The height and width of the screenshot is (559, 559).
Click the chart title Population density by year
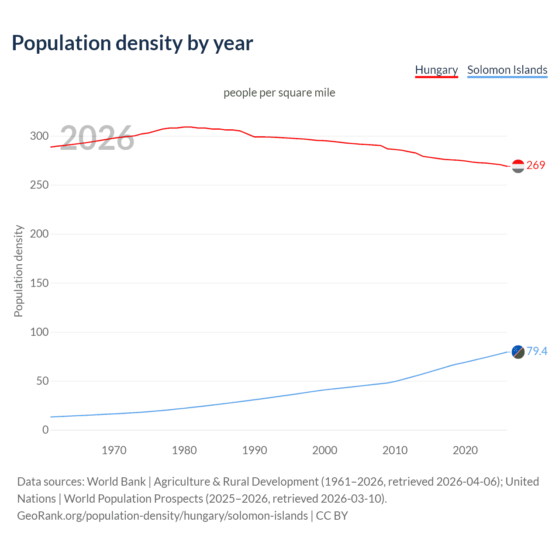pos(132,43)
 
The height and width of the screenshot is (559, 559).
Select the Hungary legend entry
pos(436,70)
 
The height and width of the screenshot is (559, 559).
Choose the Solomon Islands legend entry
pos(507,70)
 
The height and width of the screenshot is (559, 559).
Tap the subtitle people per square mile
pos(279,93)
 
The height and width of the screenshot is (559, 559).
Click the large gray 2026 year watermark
pos(97,138)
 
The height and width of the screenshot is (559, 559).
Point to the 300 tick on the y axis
pos(39,136)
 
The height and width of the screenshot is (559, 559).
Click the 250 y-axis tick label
pos(39,185)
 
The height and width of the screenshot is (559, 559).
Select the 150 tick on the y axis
pos(39,283)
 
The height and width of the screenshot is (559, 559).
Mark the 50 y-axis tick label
pos(42,381)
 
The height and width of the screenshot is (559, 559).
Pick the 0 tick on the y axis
pos(45,430)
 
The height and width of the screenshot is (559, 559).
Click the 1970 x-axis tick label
pos(114,450)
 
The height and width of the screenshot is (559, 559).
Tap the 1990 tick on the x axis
pos(255,450)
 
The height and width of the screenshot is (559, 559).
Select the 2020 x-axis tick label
pos(465,450)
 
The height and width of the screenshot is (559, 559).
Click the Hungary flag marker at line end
pos(518,166)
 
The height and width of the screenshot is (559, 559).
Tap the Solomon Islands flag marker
pos(518,352)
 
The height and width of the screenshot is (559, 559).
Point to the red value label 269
pos(536,165)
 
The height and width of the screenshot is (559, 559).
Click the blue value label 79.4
pos(537,351)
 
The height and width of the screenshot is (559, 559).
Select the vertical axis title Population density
pos(18,271)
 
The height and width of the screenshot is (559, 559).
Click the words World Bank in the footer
pos(116,482)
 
